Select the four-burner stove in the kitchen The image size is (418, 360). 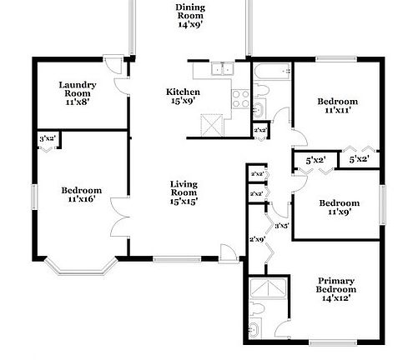tap(239, 99)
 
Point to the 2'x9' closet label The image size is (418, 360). tap(256, 240)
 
